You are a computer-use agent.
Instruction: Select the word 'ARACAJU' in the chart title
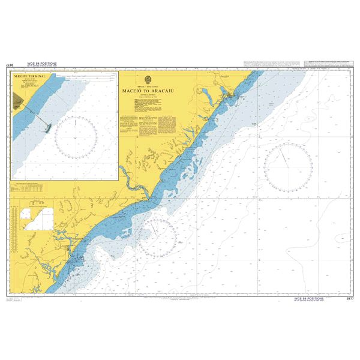[163, 91]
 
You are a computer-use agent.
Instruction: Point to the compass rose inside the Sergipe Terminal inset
[76, 137]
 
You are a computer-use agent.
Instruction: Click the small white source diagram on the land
[36, 218]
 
